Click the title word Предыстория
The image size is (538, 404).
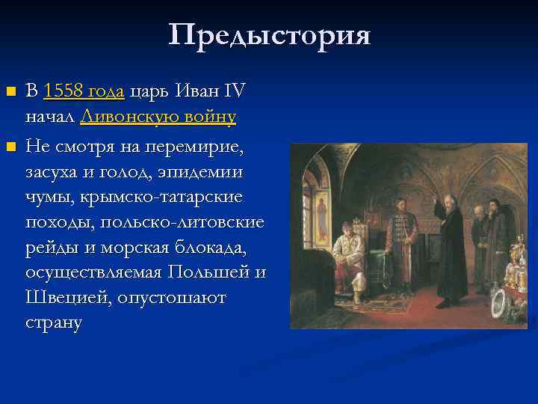pos(269,34)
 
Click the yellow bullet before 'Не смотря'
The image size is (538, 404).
pos(10,144)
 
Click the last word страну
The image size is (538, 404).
pos(53,323)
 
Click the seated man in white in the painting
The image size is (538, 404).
pos(347,257)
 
